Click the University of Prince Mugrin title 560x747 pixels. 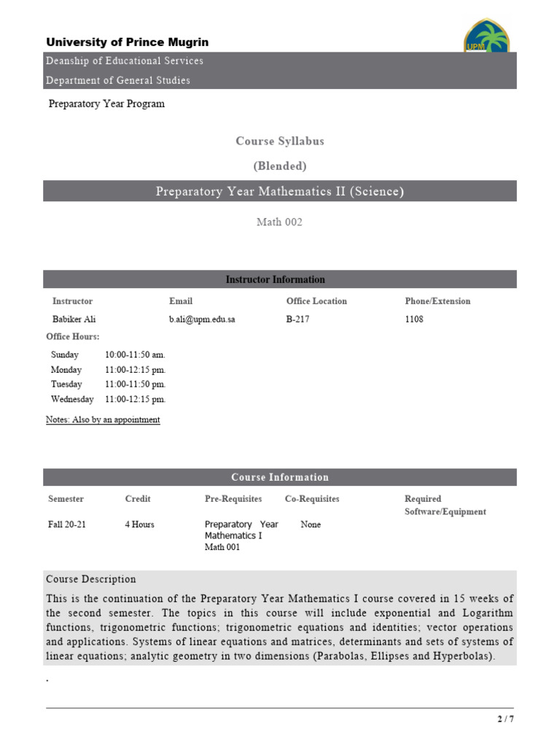[x=128, y=42]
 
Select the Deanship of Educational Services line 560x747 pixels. [x=125, y=61]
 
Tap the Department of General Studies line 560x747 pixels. [x=118, y=80]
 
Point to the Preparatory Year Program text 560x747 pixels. [x=106, y=104]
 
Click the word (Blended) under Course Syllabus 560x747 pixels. [x=280, y=166]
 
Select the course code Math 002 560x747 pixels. [x=279, y=222]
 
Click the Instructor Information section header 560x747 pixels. [x=276, y=279]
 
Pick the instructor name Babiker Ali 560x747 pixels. [x=74, y=320]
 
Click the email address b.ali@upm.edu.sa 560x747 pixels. [x=202, y=320]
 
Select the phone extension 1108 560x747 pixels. [x=414, y=320]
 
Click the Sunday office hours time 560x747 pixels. [x=135, y=355]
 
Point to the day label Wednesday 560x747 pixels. [x=72, y=399]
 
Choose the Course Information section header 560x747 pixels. [x=280, y=477]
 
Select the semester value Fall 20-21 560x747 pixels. [x=67, y=525]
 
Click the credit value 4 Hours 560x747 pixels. [x=139, y=525]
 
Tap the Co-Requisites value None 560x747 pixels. [x=311, y=525]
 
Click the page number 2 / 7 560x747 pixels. [x=505, y=719]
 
